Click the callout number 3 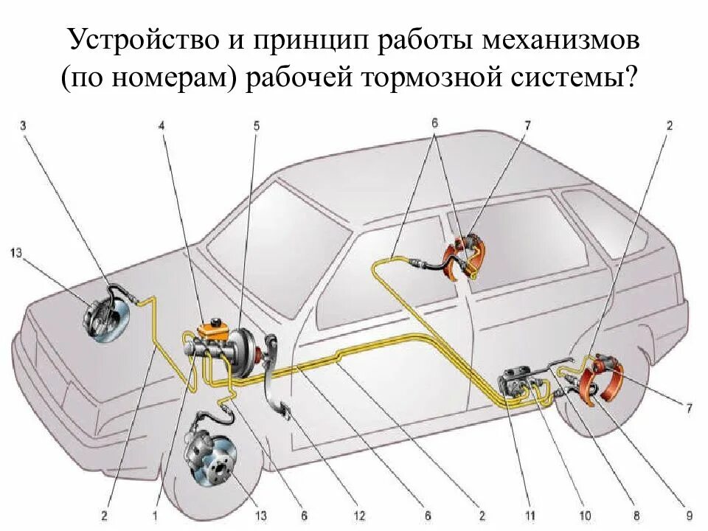(23, 125)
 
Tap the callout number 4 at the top (161, 125)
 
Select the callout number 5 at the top (256, 125)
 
